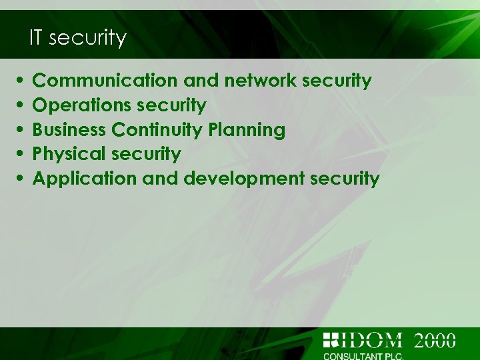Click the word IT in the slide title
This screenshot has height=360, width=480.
[x=37, y=38]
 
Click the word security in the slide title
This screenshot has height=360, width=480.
[x=87, y=38]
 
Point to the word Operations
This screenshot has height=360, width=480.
[x=82, y=105]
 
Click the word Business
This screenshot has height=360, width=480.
[x=69, y=129]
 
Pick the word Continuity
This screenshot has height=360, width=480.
[x=157, y=129]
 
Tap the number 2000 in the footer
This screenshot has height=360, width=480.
[x=435, y=340]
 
